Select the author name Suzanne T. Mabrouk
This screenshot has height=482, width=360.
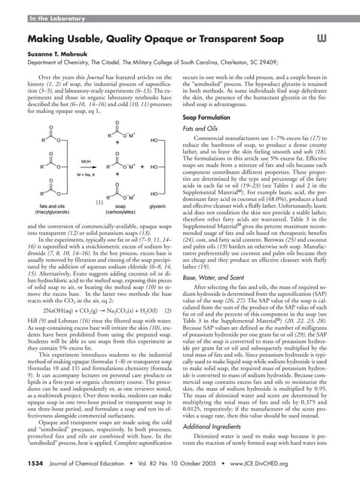tap(57, 55)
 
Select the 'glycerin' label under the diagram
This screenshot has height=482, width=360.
tap(157, 205)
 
